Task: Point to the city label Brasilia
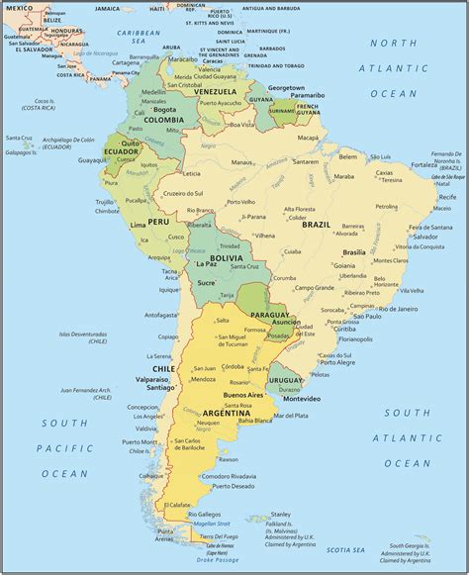pyautogui.click(x=353, y=252)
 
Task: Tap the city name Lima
pyautogui.click(x=138, y=226)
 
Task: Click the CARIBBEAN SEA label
pyautogui.click(x=140, y=33)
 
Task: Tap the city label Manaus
pyautogui.click(x=243, y=162)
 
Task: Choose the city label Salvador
pyautogui.click(x=426, y=238)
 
